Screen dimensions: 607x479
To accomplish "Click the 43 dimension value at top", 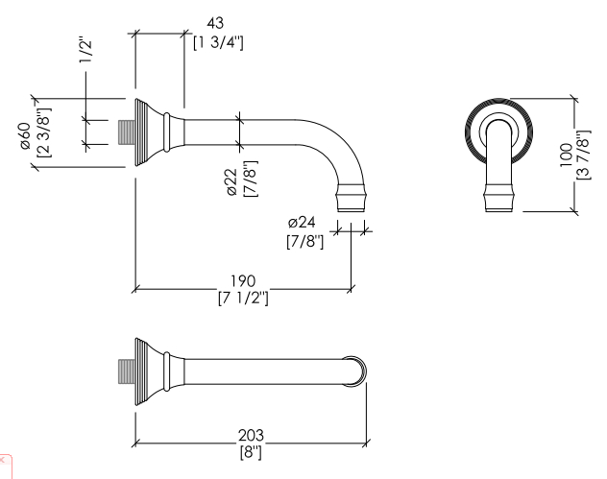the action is pos(215,23).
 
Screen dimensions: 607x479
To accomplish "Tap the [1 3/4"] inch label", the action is pos(218,42).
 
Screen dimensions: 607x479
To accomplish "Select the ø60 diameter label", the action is pos(26,135).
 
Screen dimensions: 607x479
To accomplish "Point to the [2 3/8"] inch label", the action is pos(43,132).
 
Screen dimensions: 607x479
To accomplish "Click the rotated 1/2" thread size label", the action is pos(85,50).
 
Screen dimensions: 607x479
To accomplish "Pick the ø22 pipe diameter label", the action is pos(232,182).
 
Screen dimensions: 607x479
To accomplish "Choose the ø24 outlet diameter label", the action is pos(302,223).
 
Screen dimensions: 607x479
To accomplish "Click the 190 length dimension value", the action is pos(243,281).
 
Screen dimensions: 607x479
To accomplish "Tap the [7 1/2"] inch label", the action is pos(243,298).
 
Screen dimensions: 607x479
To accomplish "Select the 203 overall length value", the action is pos(251,435).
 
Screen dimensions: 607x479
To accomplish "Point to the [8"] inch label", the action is pos(251,452).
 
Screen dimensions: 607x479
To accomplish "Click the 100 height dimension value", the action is pos(566,156).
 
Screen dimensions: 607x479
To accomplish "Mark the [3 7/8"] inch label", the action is pos(584,155).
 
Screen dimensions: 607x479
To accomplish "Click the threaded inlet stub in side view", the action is pos(126,132).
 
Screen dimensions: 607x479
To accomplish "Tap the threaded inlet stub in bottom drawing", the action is pos(126,371).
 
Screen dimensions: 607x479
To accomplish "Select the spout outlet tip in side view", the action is pos(351,198).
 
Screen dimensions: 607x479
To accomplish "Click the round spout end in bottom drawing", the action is pos(354,371).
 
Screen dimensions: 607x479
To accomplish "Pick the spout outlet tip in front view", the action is pos(499,198).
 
